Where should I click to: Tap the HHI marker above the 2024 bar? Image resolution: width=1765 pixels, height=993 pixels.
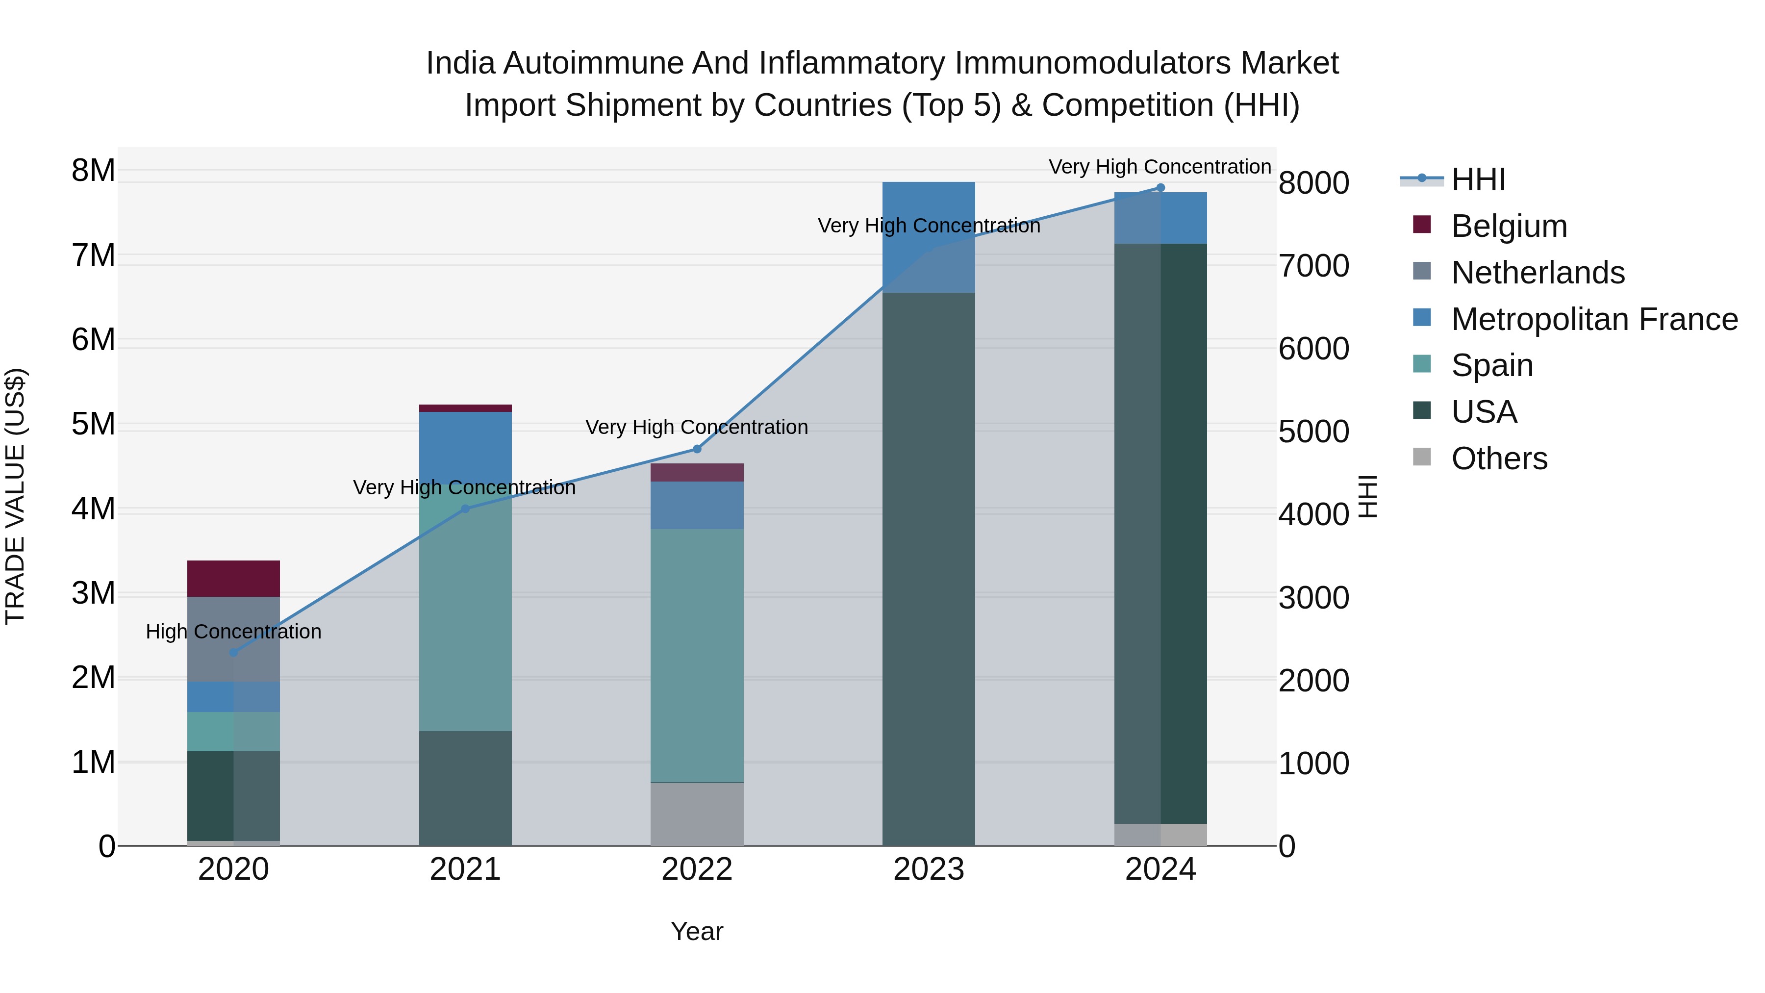point(1160,188)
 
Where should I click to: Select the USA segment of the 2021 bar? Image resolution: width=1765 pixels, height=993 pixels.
point(465,788)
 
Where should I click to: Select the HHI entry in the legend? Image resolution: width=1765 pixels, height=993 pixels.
point(1478,179)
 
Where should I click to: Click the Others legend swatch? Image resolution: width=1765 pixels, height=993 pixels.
point(1422,457)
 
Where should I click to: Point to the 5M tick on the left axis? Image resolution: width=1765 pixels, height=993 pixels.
point(93,424)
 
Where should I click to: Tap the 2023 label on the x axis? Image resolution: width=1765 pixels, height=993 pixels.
point(929,869)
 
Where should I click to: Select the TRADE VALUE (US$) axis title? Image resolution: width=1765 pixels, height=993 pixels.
point(15,496)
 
